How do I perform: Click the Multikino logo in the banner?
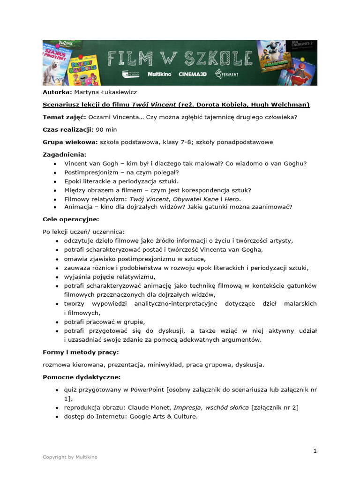(159, 74)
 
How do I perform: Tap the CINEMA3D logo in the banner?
(192, 74)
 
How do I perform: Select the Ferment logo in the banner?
(225, 74)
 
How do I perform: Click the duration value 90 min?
(106, 129)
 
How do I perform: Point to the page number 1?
(315, 451)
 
